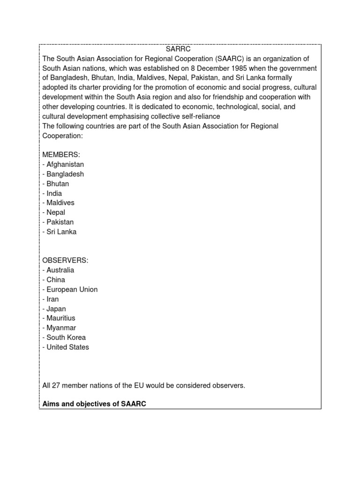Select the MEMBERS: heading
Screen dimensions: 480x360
click(x=61, y=155)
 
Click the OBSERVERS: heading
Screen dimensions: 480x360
click(x=65, y=260)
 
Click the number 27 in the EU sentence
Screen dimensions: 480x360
click(x=55, y=386)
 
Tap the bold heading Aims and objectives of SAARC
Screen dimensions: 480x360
click(x=94, y=404)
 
